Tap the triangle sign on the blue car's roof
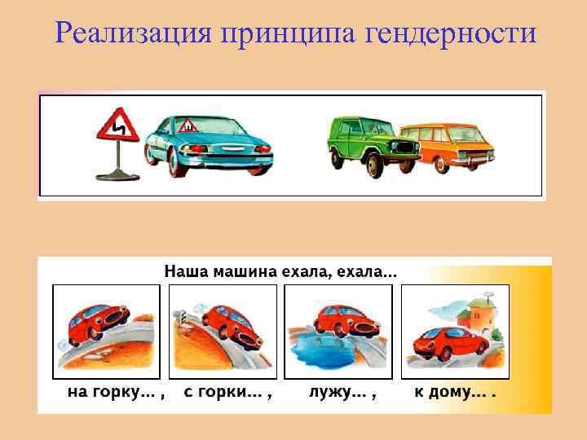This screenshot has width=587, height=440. pyautogui.click(x=187, y=125)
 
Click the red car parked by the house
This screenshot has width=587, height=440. pyautogui.click(x=444, y=343)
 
